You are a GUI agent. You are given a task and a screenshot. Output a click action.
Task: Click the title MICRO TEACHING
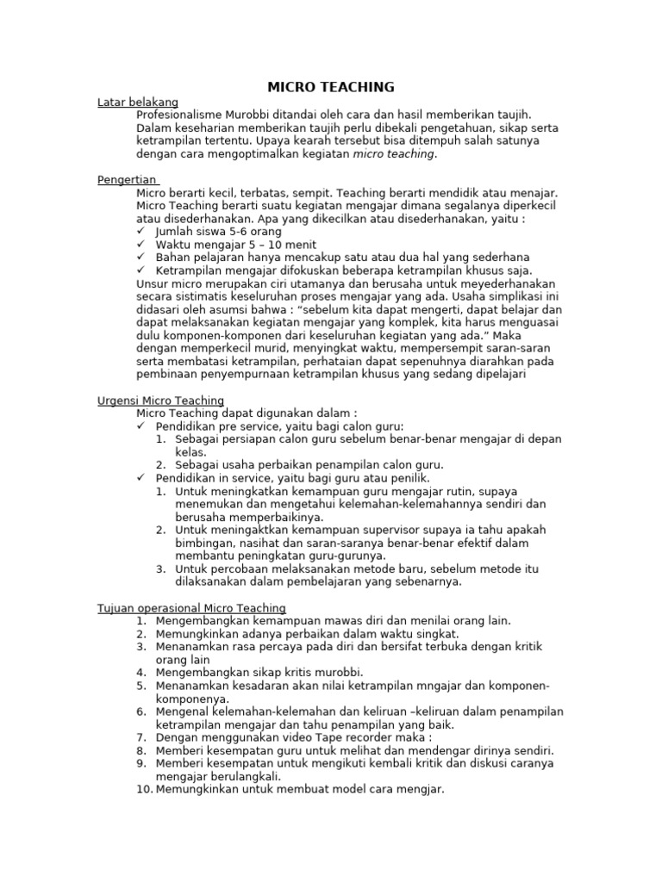point(331,87)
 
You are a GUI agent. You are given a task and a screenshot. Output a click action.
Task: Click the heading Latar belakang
point(138,102)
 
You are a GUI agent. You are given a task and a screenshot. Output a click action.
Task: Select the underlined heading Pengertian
point(127,180)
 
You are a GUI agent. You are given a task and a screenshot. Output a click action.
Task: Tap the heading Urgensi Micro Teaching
point(160,401)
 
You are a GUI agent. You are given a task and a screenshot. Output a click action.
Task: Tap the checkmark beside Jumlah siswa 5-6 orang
point(141,233)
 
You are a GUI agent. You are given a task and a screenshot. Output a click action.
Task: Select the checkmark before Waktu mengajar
point(141,245)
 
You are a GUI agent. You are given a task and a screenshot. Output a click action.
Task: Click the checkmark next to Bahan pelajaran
point(141,258)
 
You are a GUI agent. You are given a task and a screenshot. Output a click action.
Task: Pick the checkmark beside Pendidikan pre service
point(141,426)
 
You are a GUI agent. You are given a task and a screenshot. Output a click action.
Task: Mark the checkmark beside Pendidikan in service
point(141,478)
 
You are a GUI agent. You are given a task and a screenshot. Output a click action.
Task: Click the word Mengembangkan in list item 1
point(199,621)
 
